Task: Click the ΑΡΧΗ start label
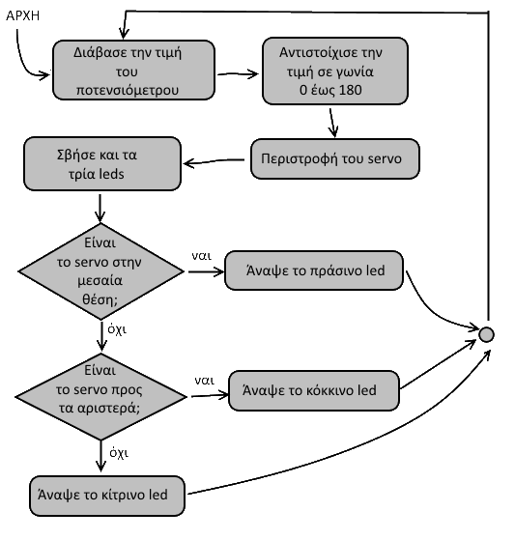click(23, 15)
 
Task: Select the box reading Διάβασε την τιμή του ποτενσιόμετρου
click(133, 71)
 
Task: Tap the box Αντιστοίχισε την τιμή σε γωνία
click(335, 71)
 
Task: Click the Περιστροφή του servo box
click(335, 158)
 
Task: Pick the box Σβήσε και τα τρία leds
click(102, 164)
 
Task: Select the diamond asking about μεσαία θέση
click(100, 271)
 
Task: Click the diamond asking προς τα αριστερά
click(100, 396)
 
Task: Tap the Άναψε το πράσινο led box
click(314, 270)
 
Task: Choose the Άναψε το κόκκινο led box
click(314, 390)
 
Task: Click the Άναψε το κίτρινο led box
click(107, 496)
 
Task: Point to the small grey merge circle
click(486, 334)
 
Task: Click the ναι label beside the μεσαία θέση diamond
click(202, 256)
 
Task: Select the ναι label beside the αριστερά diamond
click(204, 381)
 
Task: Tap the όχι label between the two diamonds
click(117, 329)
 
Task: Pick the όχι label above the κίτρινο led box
click(119, 453)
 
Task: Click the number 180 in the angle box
click(351, 90)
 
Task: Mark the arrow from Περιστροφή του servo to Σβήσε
click(214, 161)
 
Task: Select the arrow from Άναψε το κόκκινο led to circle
click(438, 364)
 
